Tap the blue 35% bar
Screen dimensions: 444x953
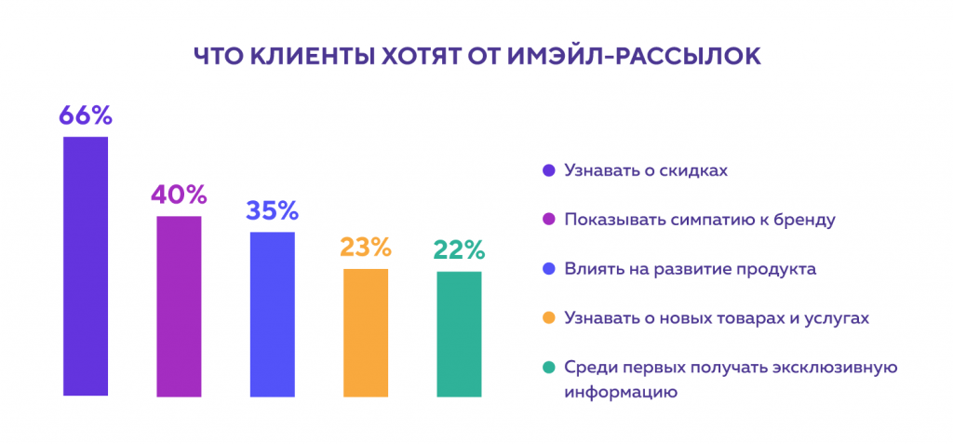272,314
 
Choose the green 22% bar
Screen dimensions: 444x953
459,333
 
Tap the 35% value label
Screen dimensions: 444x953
272,210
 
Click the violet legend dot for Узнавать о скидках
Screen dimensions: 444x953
548,171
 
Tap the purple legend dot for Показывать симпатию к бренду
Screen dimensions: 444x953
548,221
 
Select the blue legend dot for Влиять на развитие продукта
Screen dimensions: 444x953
548,269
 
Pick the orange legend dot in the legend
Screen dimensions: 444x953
548,318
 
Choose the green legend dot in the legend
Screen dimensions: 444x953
548,367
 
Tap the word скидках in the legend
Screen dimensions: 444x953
696,171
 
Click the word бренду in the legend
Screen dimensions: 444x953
809,221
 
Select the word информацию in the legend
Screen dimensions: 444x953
619,392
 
